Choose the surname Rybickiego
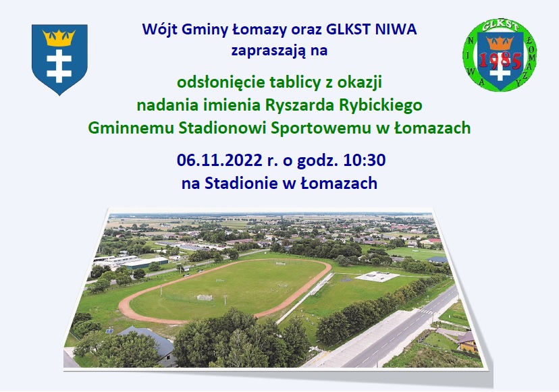pyautogui.click(x=380, y=105)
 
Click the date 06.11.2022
pyautogui.click(x=219, y=160)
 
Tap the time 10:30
pyautogui.click(x=365, y=160)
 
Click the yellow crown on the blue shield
pyautogui.click(x=59, y=37)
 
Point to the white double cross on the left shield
pyautogui.click(x=59, y=66)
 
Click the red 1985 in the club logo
pyautogui.click(x=500, y=61)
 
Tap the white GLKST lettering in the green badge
pyautogui.click(x=500, y=26)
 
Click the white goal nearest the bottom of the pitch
pyautogui.click(x=205, y=298)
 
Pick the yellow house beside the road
pyautogui.click(x=468, y=342)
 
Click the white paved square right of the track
pyautogui.click(x=377, y=277)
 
